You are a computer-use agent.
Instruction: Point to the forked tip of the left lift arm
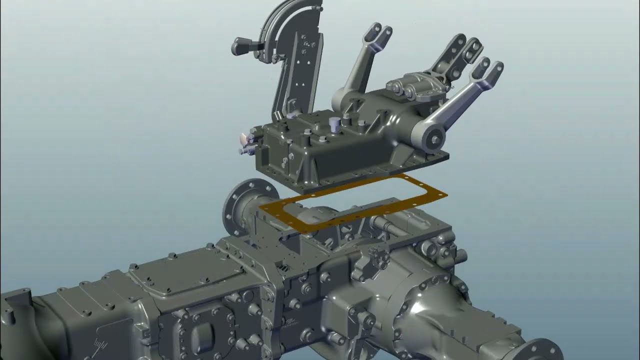pos(380,33)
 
